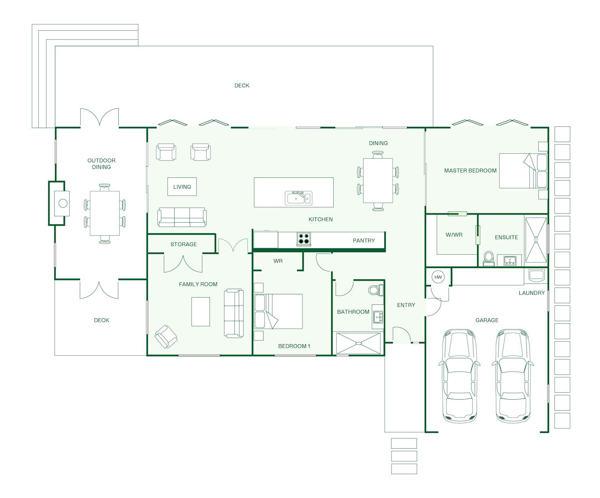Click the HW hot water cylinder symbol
pos(438,277)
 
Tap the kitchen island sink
pos(298,198)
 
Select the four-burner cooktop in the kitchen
pos(304,239)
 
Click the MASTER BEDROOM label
pos(470,170)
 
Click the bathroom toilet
pos(375,290)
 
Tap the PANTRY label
pos(364,240)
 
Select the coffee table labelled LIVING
pos(182,187)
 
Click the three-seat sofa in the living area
pos(182,217)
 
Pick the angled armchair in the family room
pos(166,336)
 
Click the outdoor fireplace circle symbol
pos(63,203)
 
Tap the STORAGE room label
pos(184,244)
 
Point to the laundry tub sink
pos(536,275)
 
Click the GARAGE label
pos(487,320)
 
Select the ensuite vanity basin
pos(510,261)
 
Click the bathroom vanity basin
pos(378,317)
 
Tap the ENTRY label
pos(406,305)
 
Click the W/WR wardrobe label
pos(454,234)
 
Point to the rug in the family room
pos(201,311)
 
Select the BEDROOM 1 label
pos(294,346)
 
